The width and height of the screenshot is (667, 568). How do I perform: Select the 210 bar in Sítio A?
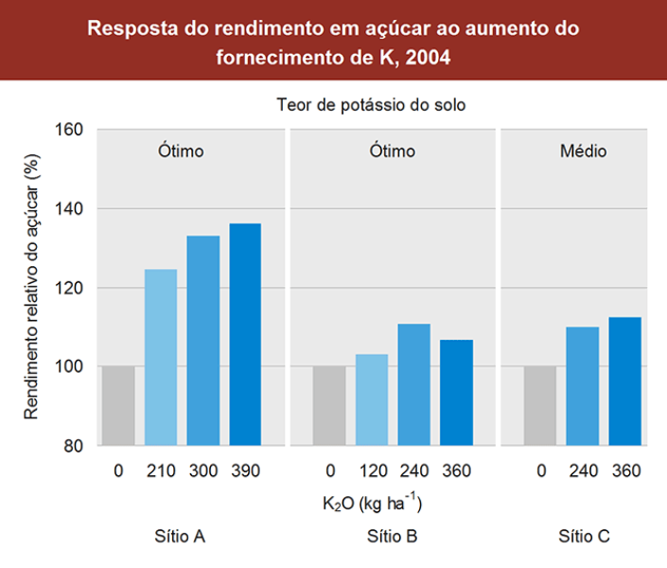pyautogui.click(x=161, y=358)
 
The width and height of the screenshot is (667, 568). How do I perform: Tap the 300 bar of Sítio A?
pyautogui.click(x=202, y=341)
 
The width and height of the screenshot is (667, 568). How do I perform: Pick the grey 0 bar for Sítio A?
pyautogui.click(x=118, y=405)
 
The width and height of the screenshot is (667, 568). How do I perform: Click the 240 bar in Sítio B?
pyautogui.click(x=413, y=384)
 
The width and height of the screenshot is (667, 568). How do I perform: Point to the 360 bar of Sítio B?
pyautogui.click(x=456, y=392)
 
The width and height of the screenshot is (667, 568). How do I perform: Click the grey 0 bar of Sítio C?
pyautogui.click(x=540, y=405)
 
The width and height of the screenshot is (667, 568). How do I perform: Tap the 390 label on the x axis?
pyautogui.click(x=245, y=470)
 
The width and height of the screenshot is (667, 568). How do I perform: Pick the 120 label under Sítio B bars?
pyautogui.click(x=372, y=470)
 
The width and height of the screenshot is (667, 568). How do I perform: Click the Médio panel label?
pyautogui.click(x=583, y=151)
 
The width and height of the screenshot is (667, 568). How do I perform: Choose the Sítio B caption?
pyautogui.click(x=393, y=537)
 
